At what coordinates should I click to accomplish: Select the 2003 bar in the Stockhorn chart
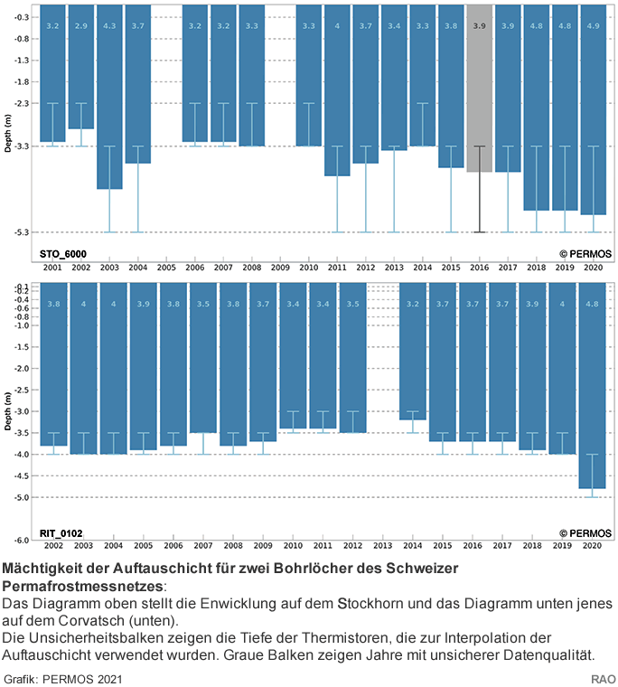[109, 99]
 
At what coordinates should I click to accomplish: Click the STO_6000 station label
[63, 255]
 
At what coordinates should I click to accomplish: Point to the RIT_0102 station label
[63, 534]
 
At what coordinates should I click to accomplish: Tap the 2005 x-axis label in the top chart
[166, 268]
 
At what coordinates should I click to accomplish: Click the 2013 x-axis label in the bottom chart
[383, 548]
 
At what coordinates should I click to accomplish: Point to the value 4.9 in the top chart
[592, 26]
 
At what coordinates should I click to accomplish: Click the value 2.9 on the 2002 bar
[81, 26]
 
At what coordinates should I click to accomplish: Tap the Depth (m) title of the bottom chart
[7, 411]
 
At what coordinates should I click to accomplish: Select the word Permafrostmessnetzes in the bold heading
[80, 586]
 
